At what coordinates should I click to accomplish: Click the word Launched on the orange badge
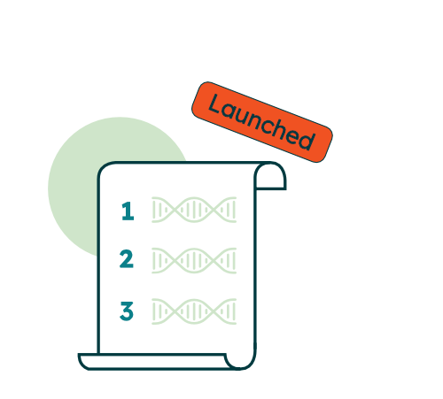pyautogui.click(x=261, y=122)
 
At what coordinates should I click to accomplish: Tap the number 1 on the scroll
pyautogui.click(x=128, y=211)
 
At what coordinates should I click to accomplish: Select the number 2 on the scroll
pyautogui.click(x=127, y=259)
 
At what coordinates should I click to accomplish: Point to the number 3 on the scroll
pyautogui.click(x=127, y=311)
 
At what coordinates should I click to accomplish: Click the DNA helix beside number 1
pyautogui.click(x=194, y=210)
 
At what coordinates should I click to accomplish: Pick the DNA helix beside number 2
pyautogui.click(x=194, y=261)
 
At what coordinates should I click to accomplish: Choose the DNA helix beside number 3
pyautogui.click(x=194, y=311)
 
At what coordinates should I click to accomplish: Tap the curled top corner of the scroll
pyautogui.click(x=270, y=176)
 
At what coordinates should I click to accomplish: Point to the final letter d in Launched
pyautogui.click(x=307, y=140)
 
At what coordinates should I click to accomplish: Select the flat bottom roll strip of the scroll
pyautogui.click(x=153, y=362)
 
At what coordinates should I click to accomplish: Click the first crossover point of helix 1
pyautogui.click(x=174, y=210)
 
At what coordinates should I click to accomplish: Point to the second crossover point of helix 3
pyautogui.click(x=215, y=311)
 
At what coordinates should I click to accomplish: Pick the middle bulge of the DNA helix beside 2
pyautogui.click(x=194, y=261)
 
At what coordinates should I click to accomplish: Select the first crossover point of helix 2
pyautogui.click(x=174, y=261)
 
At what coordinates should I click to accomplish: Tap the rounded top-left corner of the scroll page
pyautogui.click(x=102, y=167)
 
